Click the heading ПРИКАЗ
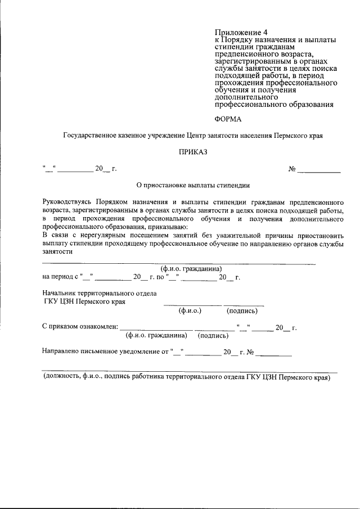coord(193,152)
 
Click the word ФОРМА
coord(228,119)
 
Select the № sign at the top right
coord(292,168)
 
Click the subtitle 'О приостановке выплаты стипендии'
coord(193,184)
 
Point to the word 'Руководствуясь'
coord(67,201)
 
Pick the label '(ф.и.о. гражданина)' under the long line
coord(191,269)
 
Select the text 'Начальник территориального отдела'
coord(100,293)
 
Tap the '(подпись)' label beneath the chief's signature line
coord(242,310)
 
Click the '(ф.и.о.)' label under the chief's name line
coord(190,310)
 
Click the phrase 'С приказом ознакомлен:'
coord(80,327)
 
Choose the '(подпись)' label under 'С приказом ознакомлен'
coord(213,336)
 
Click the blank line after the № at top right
coord(319,170)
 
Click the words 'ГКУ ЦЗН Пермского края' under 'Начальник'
coord(84,301)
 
